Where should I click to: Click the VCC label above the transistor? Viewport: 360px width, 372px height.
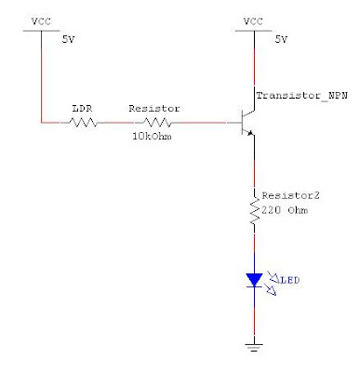pos(253,20)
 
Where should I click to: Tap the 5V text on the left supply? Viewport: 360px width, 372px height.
pos(69,41)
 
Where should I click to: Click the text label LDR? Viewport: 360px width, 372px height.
pos(82,108)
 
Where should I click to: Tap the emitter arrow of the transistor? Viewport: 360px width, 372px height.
pos(249,133)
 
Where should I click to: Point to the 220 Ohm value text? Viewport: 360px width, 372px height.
pos(284,210)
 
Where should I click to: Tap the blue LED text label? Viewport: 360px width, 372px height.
pos(290,278)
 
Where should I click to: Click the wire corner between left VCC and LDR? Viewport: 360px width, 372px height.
pos(42,122)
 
